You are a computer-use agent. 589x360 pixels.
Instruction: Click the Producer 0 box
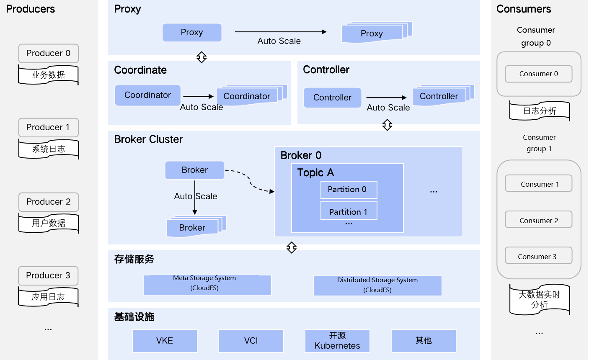tap(48, 53)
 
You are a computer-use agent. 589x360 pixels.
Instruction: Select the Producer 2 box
tap(48, 202)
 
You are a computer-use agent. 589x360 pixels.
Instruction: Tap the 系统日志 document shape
tap(48, 149)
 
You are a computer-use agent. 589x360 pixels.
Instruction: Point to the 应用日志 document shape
tap(48, 297)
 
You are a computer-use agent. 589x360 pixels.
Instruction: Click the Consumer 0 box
tap(538, 74)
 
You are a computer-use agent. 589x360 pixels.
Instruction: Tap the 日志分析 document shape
tap(540, 111)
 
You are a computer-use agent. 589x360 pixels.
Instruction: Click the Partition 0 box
tap(349, 190)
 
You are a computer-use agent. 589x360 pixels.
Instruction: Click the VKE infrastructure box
tap(165, 341)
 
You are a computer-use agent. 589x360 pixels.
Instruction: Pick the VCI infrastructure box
tap(251, 341)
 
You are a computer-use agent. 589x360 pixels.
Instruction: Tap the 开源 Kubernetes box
tap(337, 341)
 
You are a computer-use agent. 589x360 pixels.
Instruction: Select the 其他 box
tap(424, 341)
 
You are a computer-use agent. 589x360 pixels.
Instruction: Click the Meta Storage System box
tap(207, 285)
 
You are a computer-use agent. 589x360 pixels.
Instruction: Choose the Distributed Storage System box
tap(377, 285)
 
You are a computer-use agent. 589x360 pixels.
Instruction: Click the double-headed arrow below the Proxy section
tap(201, 57)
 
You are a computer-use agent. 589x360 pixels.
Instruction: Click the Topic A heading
tap(315, 172)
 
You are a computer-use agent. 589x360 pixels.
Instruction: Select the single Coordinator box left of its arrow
tap(148, 95)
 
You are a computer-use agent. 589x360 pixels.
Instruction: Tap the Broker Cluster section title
tap(148, 139)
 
